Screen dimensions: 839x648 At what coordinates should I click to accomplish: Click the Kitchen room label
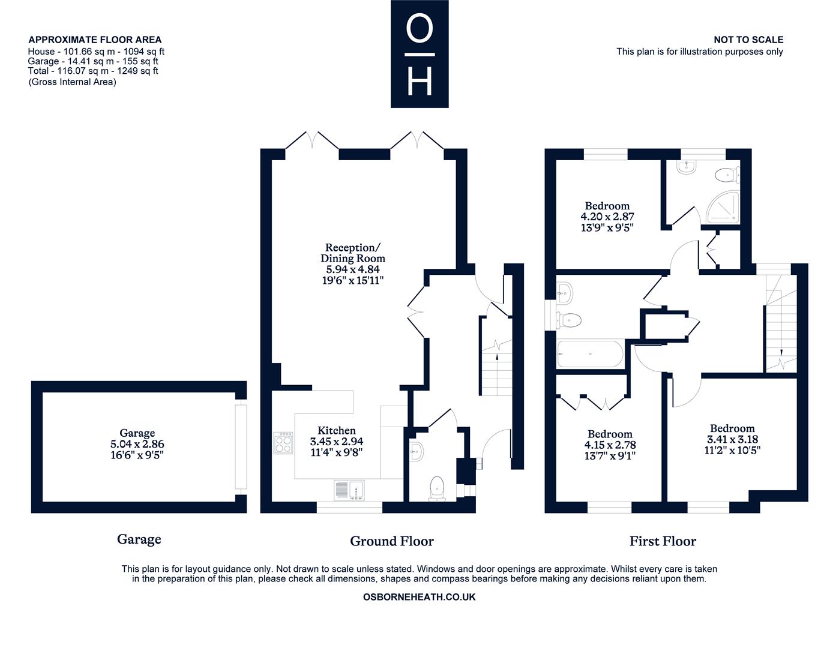[336, 430]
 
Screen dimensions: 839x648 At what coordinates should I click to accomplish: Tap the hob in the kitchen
[283, 443]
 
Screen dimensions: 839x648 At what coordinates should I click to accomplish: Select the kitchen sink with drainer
[349, 490]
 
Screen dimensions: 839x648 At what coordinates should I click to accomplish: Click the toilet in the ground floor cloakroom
[437, 489]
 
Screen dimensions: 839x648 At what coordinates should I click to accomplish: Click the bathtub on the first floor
[590, 354]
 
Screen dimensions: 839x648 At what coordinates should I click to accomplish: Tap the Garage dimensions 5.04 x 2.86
[137, 444]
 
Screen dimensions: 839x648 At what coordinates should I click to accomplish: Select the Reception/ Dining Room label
[352, 253]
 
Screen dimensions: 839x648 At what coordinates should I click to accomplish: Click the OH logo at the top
[419, 54]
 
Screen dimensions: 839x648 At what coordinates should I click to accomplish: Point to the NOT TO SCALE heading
[748, 40]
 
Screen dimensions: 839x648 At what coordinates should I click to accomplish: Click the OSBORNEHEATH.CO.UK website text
[419, 597]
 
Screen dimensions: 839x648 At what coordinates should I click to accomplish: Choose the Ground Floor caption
[391, 541]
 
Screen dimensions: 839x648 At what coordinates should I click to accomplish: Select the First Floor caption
[663, 541]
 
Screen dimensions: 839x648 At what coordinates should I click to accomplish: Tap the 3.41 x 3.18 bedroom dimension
[732, 439]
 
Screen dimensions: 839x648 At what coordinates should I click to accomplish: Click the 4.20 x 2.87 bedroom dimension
[607, 217]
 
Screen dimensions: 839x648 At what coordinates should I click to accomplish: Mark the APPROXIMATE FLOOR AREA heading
[95, 40]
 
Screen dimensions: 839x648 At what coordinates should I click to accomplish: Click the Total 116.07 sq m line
[93, 71]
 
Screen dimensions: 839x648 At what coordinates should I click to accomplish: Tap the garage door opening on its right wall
[241, 447]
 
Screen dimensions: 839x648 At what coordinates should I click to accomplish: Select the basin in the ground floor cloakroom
[416, 451]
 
